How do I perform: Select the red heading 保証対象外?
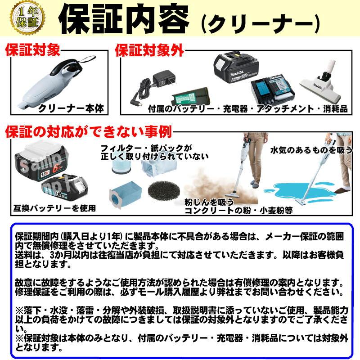[x=149, y=50]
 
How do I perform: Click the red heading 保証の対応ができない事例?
[x=89, y=132]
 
